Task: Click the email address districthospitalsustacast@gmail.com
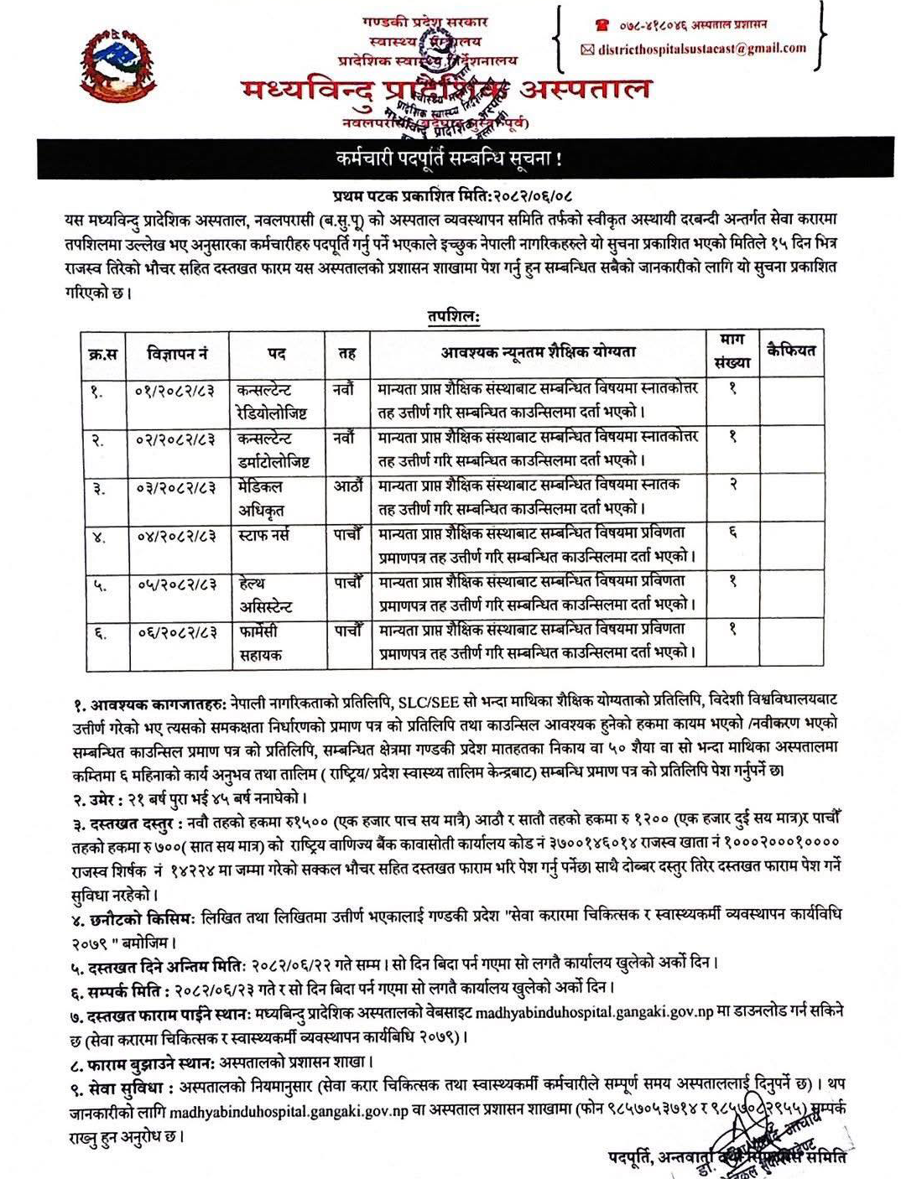[x=701, y=49]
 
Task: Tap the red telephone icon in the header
[x=601, y=25]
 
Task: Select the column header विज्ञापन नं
[x=177, y=354]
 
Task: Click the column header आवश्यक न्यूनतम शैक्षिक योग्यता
[x=538, y=352]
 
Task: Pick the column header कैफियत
[x=790, y=351]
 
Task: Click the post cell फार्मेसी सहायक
[x=260, y=642]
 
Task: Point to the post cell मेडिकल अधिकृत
[x=261, y=498]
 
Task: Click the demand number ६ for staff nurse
[x=732, y=532]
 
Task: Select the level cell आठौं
[x=347, y=486]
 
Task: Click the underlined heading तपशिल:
[x=453, y=317]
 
